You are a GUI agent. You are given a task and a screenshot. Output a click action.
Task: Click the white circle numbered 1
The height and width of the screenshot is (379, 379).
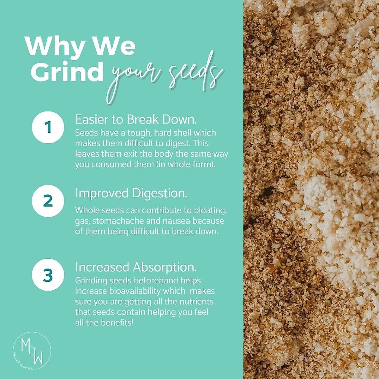tap(48, 127)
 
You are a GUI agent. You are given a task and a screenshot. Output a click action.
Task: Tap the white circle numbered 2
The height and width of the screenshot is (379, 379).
tap(48, 201)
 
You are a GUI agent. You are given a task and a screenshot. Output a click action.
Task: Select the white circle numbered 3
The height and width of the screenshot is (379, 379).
tap(48, 275)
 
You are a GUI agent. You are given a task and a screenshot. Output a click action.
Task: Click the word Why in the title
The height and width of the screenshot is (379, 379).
tap(56, 46)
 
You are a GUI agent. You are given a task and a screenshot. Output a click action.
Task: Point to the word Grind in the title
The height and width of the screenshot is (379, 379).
tap(67, 71)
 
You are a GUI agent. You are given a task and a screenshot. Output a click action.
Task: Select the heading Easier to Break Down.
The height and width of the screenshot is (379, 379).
tap(136, 119)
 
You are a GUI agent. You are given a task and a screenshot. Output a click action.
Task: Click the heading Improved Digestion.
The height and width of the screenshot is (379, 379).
tap(131, 193)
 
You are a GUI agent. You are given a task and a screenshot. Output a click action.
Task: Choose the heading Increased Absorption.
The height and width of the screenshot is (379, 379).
tap(136, 267)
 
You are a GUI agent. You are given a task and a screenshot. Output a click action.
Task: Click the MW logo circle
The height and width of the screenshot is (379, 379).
tap(32, 351)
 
